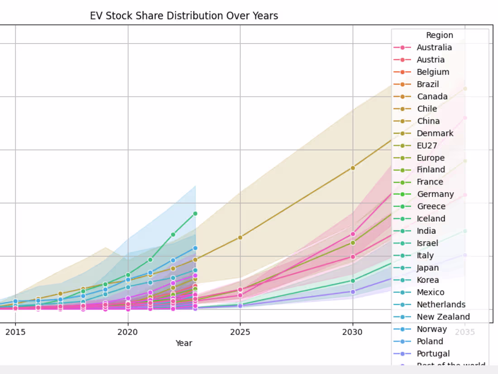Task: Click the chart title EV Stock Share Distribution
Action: (184, 16)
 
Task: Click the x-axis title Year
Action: (184, 343)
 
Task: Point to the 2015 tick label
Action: (15, 332)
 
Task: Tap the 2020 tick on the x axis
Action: (128, 332)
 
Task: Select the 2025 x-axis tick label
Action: (240, 332)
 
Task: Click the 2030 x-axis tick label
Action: (353, 332)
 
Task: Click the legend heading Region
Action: (439, 35)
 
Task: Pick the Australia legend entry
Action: (434, 48)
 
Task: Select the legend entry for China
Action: (428, 121)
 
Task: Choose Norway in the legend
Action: (431, 329)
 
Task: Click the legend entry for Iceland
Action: (431, 219)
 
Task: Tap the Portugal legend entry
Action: (433, 354)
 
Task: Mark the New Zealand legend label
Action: (443, 317)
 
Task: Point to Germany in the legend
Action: (435, 194)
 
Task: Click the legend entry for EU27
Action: (427, 146)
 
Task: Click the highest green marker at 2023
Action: (195, 214)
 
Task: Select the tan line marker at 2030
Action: (353, 168)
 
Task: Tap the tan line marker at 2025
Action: (240, 238)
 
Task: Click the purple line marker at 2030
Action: (353, 291)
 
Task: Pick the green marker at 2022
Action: (173, 234)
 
